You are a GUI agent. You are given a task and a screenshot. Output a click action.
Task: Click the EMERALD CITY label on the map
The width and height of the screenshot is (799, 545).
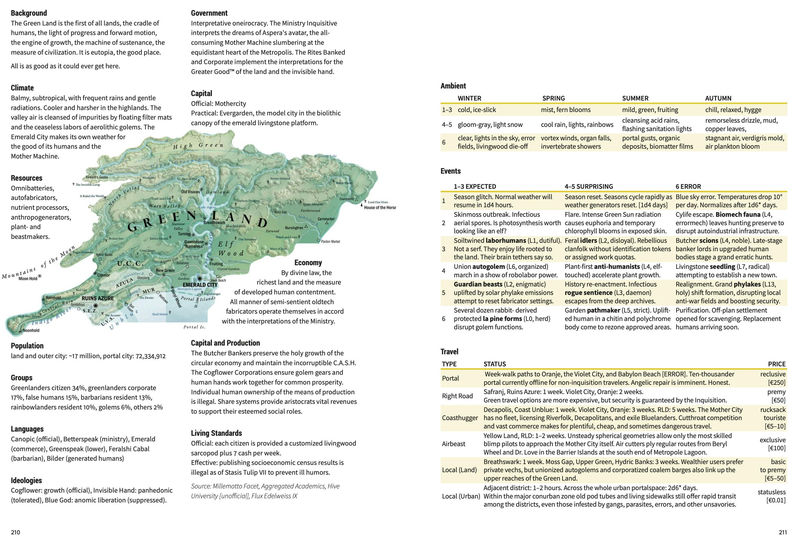[200, 285]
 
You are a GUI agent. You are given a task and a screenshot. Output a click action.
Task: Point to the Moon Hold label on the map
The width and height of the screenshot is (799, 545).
[28, 278]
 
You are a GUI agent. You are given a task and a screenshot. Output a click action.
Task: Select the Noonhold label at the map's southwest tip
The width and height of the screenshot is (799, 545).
[31, 330]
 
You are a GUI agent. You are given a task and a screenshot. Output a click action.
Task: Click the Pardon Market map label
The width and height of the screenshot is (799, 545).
[330, 241]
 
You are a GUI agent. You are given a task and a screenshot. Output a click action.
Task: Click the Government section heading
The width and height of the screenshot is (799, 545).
[209, 13]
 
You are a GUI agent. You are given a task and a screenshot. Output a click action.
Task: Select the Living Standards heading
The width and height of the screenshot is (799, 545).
[216, 433]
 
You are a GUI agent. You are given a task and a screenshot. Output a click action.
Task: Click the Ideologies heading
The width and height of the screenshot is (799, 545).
[26, 480]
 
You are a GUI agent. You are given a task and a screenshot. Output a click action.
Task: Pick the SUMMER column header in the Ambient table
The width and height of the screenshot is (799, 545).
[635, 98]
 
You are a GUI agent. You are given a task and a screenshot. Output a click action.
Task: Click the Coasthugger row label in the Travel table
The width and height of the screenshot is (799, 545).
[460, 418]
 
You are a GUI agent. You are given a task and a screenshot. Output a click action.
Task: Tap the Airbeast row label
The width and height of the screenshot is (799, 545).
[454, 444]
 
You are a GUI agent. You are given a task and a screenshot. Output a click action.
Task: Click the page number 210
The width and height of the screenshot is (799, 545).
[15, 532]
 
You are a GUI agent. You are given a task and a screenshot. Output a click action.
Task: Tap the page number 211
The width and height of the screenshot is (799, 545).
[782, 532]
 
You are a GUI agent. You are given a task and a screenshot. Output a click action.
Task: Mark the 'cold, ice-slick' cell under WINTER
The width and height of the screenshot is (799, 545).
[476, 110]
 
